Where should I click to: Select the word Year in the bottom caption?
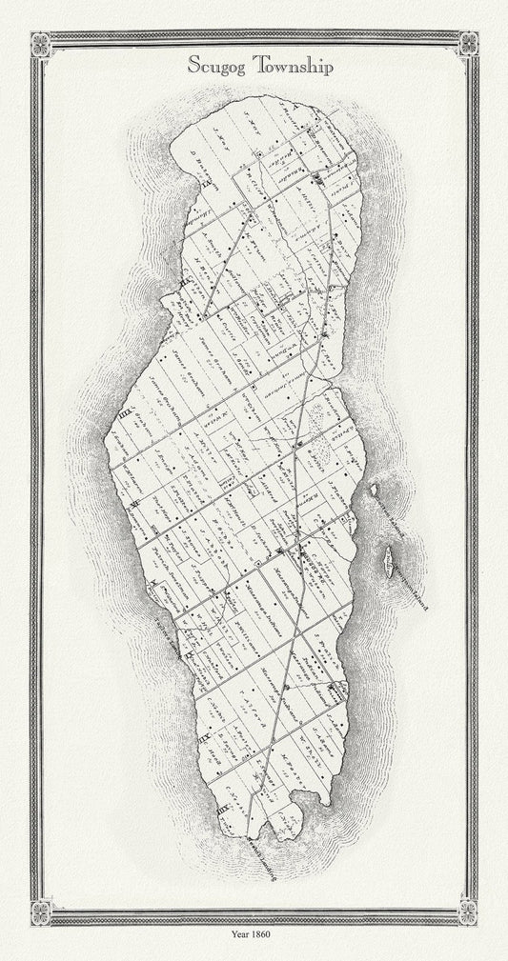coord(241,934)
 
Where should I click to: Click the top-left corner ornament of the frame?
coord(40,44)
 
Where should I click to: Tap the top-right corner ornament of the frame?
coord(468,44)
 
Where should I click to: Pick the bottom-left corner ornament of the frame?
coord(40,911)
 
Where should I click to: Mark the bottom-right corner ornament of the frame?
coord(468,911)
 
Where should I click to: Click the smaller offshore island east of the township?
coord(375,489)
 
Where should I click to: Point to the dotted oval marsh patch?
coord(322,443)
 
